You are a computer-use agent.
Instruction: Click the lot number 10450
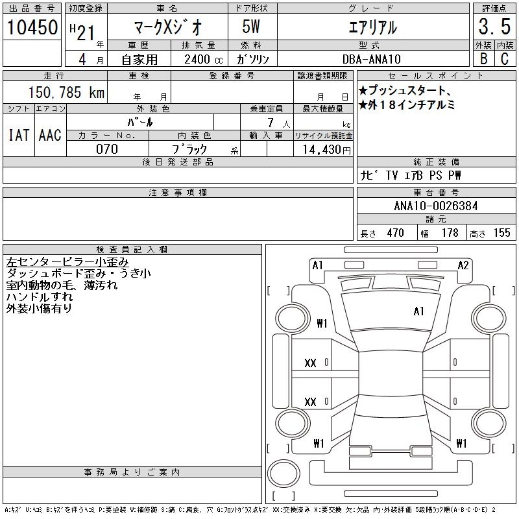(32, 27)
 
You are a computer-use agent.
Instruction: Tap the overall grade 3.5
(494, 27)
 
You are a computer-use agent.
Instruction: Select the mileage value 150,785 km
(66, 92)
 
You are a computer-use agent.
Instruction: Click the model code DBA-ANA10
(371, 59)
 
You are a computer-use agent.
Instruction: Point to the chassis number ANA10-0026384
(436, 206)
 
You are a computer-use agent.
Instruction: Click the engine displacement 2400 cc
(203, 60)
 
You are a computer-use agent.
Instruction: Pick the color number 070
(107, 149)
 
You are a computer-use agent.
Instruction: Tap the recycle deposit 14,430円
(327, 150)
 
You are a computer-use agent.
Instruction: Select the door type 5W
(251, 27)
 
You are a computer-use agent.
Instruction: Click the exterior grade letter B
(483, 59)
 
